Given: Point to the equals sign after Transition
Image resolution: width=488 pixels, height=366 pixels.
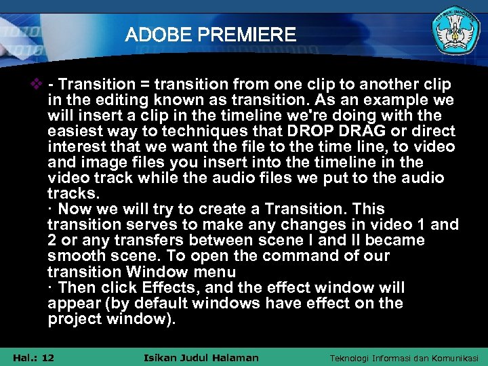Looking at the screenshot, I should (x=144, y=85).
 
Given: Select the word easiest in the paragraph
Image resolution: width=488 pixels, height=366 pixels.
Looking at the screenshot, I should (x=76, y=131).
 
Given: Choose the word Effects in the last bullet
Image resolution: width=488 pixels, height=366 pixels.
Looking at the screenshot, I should (x=178, y=287).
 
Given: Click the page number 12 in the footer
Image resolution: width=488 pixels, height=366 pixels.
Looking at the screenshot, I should (x=47, y=357).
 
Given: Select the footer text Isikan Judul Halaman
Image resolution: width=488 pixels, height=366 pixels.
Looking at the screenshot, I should (x=202, y=357).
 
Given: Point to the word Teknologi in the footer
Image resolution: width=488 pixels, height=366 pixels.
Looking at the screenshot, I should (x=352, y=358).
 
